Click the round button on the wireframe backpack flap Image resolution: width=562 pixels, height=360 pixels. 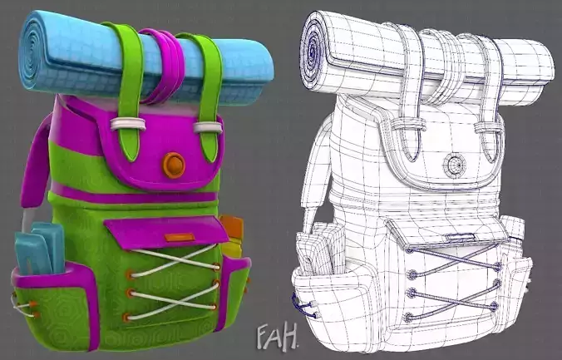(454, 165)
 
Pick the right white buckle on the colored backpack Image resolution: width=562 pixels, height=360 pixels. (208, 126)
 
